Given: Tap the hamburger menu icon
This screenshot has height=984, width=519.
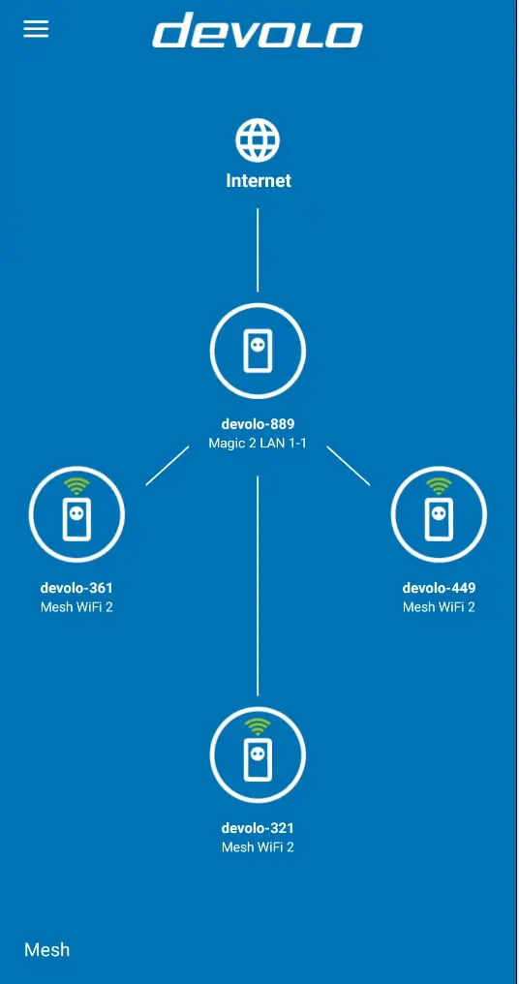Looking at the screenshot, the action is tap(36, 28).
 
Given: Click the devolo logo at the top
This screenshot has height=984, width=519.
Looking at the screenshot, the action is tap(258, 30).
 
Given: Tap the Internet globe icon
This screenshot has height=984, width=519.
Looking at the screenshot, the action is tap(258, 140).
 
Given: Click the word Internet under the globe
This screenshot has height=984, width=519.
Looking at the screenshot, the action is tap(258, 181).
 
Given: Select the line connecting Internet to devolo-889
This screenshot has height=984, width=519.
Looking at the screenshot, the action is tap(258, 250).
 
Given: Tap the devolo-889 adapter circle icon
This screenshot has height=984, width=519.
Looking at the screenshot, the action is tap(258, 352).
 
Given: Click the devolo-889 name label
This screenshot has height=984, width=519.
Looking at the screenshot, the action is tap(258, 423).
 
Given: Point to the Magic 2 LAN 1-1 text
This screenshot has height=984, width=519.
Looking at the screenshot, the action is tap(258, 443).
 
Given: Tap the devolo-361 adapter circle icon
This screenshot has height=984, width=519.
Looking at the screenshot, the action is tap(76, 514).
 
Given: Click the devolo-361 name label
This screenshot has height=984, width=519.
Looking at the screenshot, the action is tap(76, 588).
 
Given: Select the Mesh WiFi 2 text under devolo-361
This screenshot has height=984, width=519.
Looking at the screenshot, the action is tap(76, 607).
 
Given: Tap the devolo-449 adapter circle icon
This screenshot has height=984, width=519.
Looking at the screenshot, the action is tap(439, 514).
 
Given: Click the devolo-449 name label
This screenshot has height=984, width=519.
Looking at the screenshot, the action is tap(439, 588).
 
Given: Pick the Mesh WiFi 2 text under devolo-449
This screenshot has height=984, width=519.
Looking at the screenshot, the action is tap(439, 607).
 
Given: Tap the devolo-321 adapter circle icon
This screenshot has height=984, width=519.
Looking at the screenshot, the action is tap(258, 754).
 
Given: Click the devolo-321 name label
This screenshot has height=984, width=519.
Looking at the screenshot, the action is tap(258, 828).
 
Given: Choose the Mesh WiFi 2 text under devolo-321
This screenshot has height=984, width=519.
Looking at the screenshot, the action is tap(258, 847).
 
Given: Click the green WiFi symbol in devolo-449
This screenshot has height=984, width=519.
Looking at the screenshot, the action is tap(439, 486).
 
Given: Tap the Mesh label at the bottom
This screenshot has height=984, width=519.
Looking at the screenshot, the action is tap(46, 949).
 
